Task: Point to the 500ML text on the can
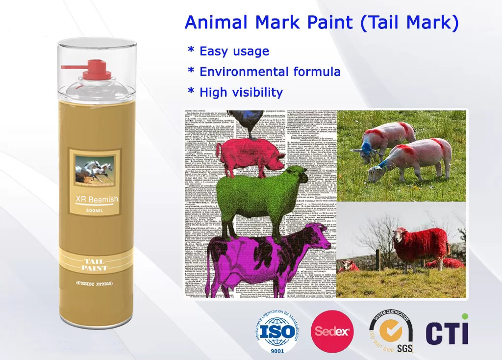(94, 210)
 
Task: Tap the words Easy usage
(234, 51)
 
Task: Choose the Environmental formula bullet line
(270, 72)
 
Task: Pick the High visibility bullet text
(241, 92)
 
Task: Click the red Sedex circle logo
(333, 331)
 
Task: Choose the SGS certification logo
(391, 331)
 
